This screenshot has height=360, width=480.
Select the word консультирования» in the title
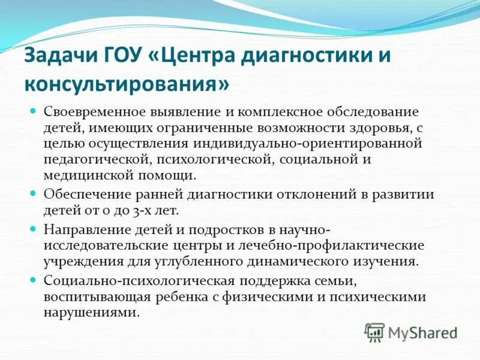pos(127,83)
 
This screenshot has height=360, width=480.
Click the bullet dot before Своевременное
pos(34,112)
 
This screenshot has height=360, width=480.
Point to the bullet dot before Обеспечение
pos(34,194)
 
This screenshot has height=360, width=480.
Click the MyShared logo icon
pos(374,332)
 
